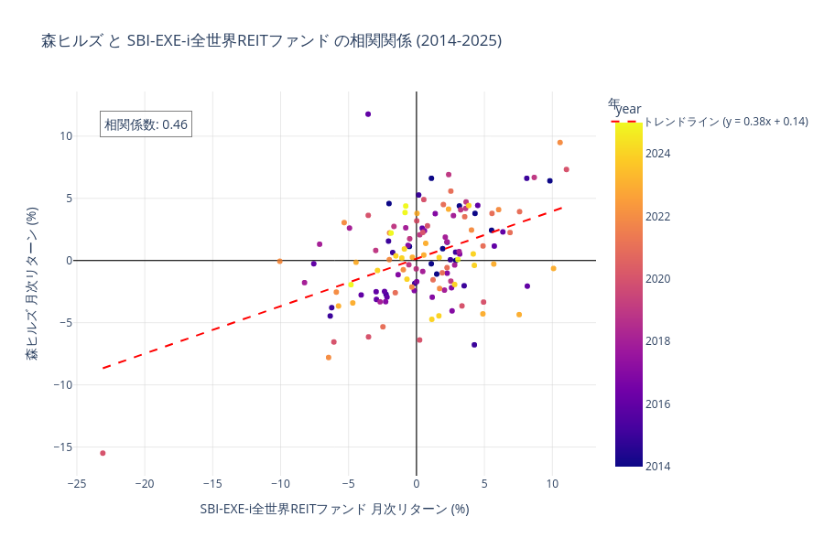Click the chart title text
point(271,41)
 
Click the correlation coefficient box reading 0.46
point(146,124)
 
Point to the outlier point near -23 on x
point(103,453)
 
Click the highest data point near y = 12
point(368,114)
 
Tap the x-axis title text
point(334,509)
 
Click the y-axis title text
point(32,284)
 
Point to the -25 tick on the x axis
point(77,482)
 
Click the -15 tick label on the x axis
point(212,482)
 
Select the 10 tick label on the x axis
point(552,482)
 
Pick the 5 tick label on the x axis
point(484,482)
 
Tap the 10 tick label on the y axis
point(64,136)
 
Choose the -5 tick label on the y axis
point(61,322)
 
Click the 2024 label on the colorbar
point(657,154)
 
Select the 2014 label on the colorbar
point(657,466)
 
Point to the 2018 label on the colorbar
point(657,341)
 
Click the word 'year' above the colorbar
point(628,109)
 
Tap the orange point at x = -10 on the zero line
point(280,261)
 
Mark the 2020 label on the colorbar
point(657,279)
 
